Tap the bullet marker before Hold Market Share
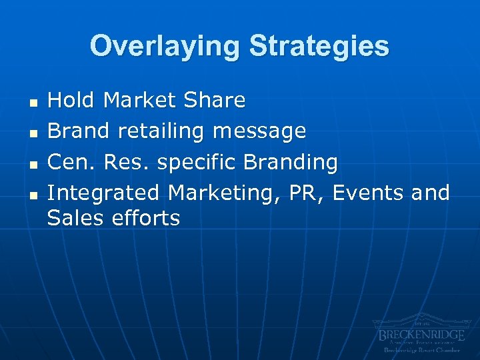point(31,103)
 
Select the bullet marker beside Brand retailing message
point(31,133)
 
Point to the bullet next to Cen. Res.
point(31,164)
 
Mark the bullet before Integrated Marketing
point(31,195)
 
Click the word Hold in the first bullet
point(73,101)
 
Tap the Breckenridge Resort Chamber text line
point(421,350)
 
